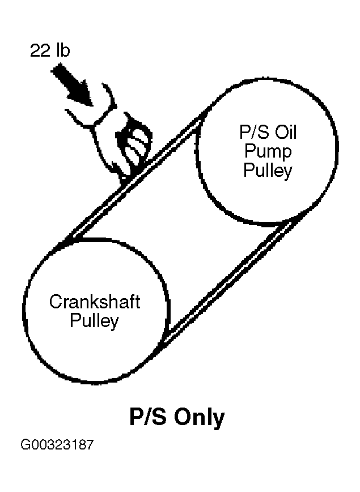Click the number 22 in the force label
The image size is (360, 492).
pos(40,51)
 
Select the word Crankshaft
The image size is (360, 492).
pos(94,301)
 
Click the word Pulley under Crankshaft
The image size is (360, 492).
pos(94,321)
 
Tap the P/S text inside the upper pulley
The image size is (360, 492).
pos(247,134)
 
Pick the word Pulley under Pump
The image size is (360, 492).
pos(268,170)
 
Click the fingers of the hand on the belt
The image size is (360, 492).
pos(136,145)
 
